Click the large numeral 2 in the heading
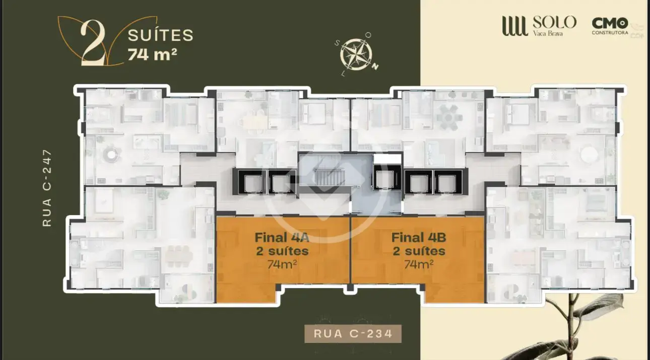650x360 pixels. [x=93, y=43]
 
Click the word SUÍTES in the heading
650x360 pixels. [x=160, y=35]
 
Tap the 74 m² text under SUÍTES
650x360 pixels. [x=152, y=54]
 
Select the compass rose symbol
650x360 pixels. [x=356, y=55]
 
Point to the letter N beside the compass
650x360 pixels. [x=375, y=67]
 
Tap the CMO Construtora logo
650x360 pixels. [x=610, y=26]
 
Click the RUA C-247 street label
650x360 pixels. [x=47, y=188]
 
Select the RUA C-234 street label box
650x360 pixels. [x=353, y=334]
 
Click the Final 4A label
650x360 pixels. [x=282, y=237]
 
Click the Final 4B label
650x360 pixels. [x=418, y=237]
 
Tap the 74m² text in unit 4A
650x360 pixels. [x=282, y=264]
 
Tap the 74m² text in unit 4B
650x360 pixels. [x=418, y=264]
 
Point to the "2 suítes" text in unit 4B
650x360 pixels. [x=419, y=251]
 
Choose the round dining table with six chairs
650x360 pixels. [x=448, y=118]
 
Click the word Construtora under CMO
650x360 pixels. [x=610, y=33]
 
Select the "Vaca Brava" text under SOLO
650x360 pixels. [x=548, y=33]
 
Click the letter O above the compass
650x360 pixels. [x=368, y=35]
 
